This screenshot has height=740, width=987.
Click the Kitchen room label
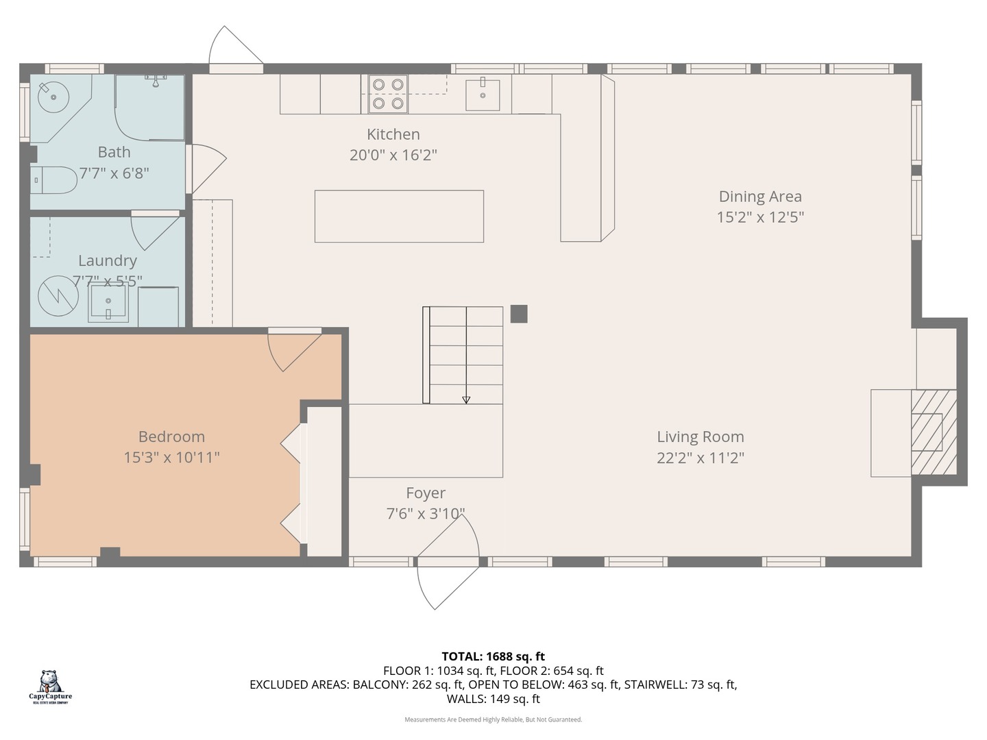393,134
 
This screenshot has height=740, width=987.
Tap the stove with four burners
387,94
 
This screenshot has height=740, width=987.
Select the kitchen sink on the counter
483,94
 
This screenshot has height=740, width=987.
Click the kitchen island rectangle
399,216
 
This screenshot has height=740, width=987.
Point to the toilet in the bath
55,180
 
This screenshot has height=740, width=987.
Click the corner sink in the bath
52,97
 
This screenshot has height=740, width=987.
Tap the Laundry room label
107,260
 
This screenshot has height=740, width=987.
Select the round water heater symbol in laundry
53,297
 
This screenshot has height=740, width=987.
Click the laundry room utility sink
108,304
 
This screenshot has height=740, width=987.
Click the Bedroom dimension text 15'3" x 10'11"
171,457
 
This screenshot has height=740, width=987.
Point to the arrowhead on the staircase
466,399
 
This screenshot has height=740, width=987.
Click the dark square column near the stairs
519,314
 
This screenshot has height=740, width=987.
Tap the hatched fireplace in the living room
933,432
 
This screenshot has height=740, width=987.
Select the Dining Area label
759,197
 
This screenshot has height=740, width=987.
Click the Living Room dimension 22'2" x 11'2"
700,458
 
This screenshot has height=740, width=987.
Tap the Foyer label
425,493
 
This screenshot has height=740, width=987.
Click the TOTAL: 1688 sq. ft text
493,656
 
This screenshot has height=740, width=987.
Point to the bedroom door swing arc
295,353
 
